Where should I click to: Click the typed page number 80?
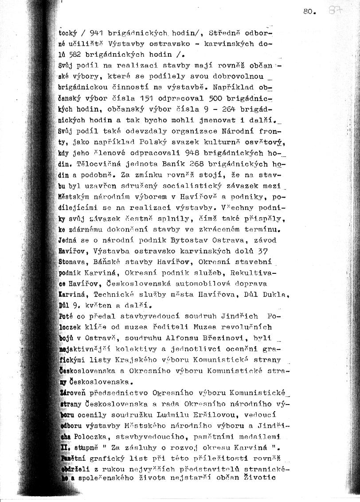point(309,12)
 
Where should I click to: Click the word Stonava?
point(73,261)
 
